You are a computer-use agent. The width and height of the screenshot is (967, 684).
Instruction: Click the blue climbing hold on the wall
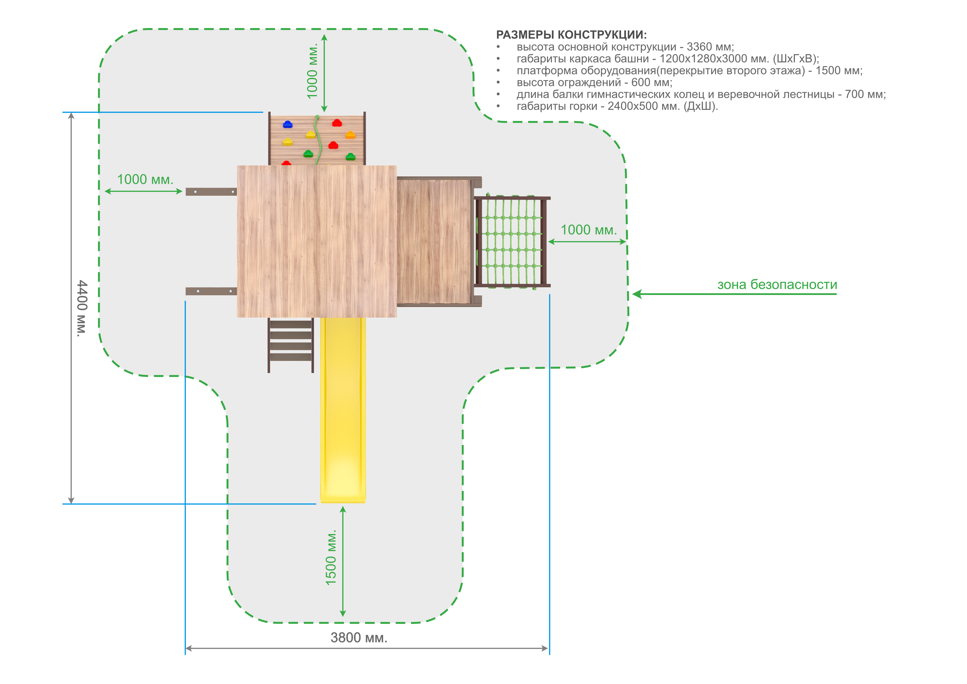click(x=288, y=124)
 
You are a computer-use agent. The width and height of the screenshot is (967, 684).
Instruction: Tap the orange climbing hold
click(x=350, y=135)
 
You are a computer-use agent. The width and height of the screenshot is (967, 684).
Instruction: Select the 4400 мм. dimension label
click(x=82, y=308)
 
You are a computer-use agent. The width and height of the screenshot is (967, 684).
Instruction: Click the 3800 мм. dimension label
click(x=359, y=638)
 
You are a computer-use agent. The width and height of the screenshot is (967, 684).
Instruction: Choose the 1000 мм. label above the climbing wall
click(x=312, y=71)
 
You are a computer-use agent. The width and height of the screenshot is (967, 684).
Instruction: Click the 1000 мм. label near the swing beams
click(x=145, y=179)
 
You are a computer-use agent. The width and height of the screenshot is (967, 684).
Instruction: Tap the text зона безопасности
click(x=777, y=285)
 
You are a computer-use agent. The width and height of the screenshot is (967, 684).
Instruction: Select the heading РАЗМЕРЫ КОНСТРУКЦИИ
click(x=571, y=34)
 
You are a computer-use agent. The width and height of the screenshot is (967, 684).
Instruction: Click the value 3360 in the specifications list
click(x=700, y=47)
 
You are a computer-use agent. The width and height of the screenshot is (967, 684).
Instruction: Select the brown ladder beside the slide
click(x=291, y=345)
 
